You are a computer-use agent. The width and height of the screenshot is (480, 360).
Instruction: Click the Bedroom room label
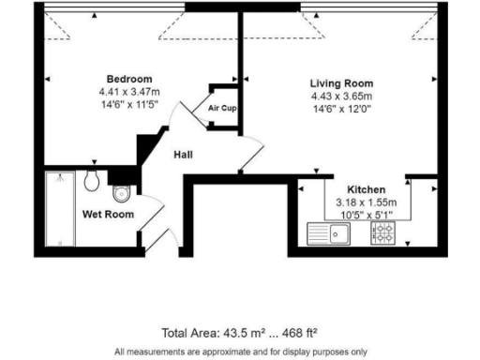[x=128, y=79]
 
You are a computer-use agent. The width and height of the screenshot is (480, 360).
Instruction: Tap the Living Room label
[x=341, y=83]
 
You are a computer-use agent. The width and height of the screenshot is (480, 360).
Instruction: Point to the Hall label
[x=183, y=155]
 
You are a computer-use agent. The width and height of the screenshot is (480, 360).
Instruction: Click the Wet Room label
[x=108, y=215]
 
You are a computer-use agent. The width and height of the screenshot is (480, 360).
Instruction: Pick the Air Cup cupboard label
[x=222, y=108]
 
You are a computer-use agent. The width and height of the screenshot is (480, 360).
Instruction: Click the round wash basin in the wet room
[x=92, y=182]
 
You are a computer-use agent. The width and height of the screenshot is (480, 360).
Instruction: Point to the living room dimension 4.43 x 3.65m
[x=341, y=97]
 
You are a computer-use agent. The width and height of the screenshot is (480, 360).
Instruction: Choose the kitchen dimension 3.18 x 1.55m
[x=365, y=202]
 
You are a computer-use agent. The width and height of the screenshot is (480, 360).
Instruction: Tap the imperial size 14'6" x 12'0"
[x=341, y=110]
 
